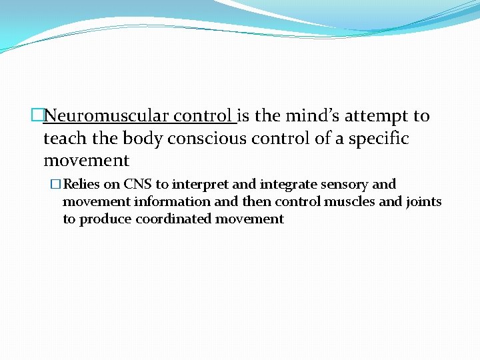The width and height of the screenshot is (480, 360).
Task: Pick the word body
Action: point(143,139)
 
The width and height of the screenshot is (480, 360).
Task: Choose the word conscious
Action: point(205,139)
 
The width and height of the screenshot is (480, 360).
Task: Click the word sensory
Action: point(344,184)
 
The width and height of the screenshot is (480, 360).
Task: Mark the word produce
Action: point(106,219)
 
